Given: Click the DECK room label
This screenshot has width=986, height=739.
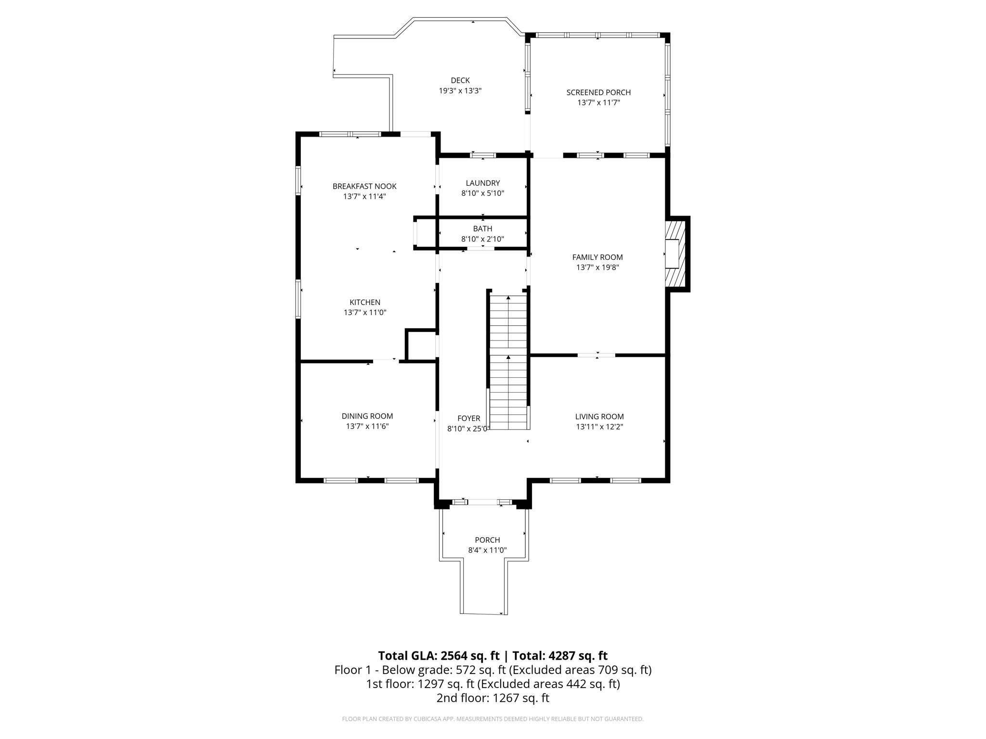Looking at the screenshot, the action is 460,80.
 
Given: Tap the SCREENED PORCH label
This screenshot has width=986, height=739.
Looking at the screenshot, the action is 598,92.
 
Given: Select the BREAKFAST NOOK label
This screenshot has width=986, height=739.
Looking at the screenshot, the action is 364,186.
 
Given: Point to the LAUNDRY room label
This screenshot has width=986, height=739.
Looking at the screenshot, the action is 483,183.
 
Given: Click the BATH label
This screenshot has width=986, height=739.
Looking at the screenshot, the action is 482,229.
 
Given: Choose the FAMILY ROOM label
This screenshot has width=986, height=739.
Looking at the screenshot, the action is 597,257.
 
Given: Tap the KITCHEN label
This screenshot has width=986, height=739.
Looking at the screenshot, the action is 365,302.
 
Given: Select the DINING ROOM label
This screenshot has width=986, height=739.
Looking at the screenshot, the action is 367,416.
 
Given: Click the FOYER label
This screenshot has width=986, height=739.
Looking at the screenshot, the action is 469,419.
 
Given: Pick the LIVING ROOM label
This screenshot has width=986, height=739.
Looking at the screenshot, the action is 599,417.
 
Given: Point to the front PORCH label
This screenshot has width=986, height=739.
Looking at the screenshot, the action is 487,540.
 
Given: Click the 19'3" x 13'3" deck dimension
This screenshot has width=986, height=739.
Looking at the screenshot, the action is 460,90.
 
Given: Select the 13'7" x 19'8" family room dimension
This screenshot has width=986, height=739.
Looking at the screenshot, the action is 597,268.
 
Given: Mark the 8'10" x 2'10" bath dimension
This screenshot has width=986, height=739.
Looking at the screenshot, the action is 482,239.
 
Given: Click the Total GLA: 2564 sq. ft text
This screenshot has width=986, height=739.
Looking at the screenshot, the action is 439,656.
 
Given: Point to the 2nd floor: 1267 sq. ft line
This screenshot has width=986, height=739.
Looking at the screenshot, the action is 493,698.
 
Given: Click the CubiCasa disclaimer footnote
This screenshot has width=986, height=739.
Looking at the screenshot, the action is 493,719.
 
